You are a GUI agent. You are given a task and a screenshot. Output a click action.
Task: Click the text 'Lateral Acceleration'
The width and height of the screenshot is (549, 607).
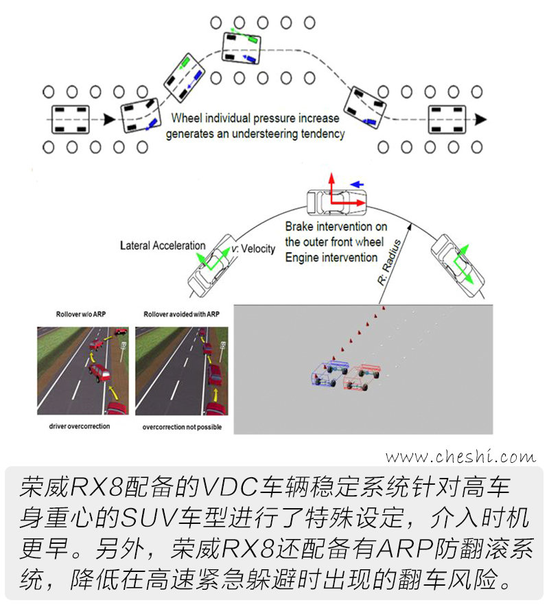[163, 245]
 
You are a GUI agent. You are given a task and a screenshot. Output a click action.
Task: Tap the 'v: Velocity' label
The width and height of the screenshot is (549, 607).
[253, 249]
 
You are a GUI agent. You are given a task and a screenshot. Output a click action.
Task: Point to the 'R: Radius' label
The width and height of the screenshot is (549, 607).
[389, 262]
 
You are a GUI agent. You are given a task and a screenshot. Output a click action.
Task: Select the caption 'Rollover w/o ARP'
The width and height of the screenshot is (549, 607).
[81, 314]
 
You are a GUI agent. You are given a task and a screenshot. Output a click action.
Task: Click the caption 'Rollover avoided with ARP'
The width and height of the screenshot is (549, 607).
[181, 314]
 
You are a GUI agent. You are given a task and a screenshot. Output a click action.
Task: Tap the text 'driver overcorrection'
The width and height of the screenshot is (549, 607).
[80, 426]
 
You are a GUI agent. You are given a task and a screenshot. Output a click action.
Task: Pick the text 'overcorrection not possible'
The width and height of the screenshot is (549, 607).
[182, 427]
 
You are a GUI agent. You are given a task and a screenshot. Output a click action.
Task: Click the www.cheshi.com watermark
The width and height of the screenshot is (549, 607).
[460, 457]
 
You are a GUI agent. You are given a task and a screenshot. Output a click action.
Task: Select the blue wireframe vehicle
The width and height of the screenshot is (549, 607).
[329, 373]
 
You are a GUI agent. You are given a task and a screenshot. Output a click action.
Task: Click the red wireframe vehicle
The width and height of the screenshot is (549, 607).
[362, 377]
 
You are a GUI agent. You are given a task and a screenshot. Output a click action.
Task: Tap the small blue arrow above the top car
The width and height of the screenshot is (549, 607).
[357, 184]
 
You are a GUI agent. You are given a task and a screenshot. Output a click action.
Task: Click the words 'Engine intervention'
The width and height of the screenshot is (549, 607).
[331, 257]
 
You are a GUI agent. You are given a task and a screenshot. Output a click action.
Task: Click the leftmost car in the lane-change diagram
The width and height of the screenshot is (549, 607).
[71, 119]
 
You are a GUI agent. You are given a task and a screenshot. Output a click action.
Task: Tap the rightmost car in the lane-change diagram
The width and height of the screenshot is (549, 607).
[447, 119]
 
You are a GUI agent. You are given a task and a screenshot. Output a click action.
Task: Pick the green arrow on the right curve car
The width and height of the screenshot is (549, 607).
[463, 264]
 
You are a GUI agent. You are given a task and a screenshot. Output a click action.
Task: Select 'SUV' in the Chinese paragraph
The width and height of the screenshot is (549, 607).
[148, 518]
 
